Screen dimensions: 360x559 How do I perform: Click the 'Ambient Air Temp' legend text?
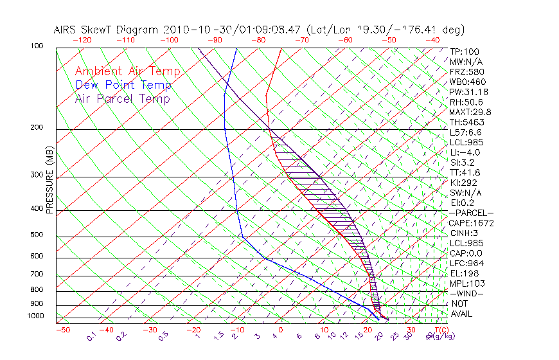127,71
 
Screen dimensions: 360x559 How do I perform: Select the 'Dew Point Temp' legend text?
123,85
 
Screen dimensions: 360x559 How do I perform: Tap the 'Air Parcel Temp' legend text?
122,98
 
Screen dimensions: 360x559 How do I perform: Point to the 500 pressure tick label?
37,235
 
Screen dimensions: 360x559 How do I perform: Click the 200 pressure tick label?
37,128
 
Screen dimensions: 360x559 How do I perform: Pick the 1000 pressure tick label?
35,316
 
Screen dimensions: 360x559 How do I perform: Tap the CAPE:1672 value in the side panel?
468,223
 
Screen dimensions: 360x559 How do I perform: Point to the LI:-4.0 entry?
465,152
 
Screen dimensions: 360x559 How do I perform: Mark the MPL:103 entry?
467,283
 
